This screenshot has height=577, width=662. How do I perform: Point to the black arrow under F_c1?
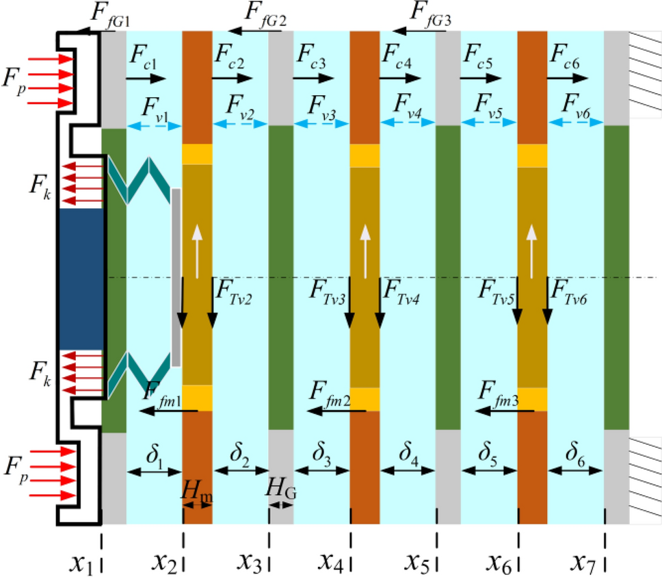pyautogui.click(x=146, y=79)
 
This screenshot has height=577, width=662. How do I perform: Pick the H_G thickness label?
pyautogui.click(x=282, y=488)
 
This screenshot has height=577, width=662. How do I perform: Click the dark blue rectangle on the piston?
pyautogui.click(x=81, y=278)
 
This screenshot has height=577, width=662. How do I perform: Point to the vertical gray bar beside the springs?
pyautogui.click(x=176, y=277)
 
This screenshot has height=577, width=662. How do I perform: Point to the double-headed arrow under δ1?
pyautogui.click(x=154, y=472)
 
